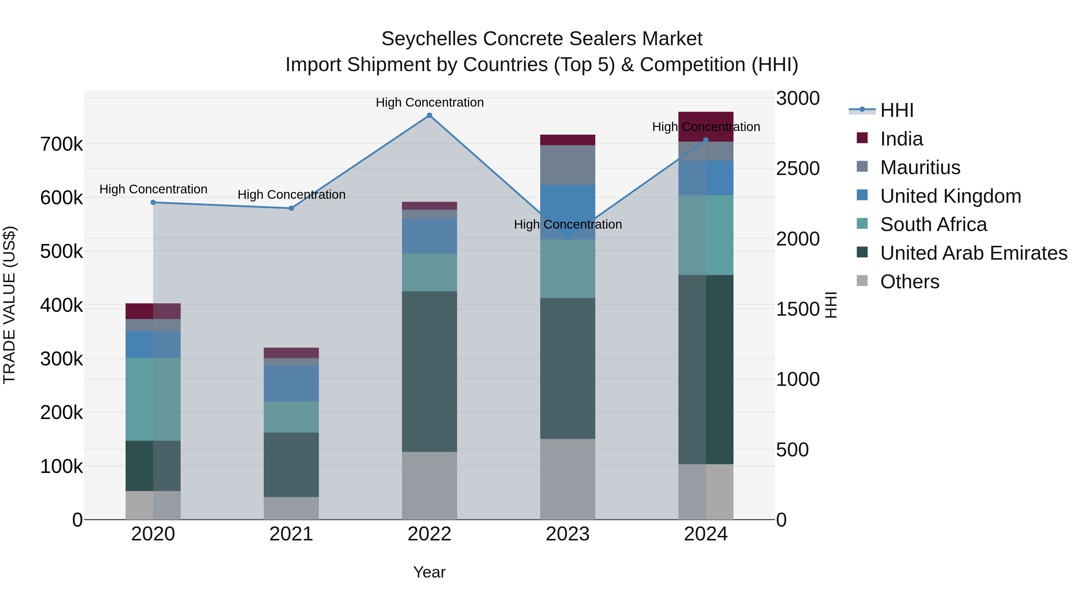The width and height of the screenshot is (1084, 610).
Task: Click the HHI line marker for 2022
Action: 429,115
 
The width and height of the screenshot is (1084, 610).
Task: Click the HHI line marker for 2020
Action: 153,202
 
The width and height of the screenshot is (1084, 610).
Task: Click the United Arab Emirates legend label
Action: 973,253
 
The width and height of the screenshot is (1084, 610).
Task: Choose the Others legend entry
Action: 909,282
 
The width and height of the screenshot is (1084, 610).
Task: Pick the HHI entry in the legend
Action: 896,110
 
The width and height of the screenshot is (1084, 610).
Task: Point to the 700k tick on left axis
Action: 61,144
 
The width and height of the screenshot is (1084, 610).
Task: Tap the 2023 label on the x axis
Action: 568,534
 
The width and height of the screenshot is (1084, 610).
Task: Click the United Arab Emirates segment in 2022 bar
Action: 429,371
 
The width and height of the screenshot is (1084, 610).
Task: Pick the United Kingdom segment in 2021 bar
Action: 291,383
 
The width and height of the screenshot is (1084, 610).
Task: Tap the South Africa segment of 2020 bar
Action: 153,399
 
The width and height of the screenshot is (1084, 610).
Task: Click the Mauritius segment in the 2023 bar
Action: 568,165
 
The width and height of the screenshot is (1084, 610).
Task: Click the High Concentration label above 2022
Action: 429,102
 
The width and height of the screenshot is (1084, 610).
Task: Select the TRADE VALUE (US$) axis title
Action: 9,305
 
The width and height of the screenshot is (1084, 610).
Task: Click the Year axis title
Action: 429,572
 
